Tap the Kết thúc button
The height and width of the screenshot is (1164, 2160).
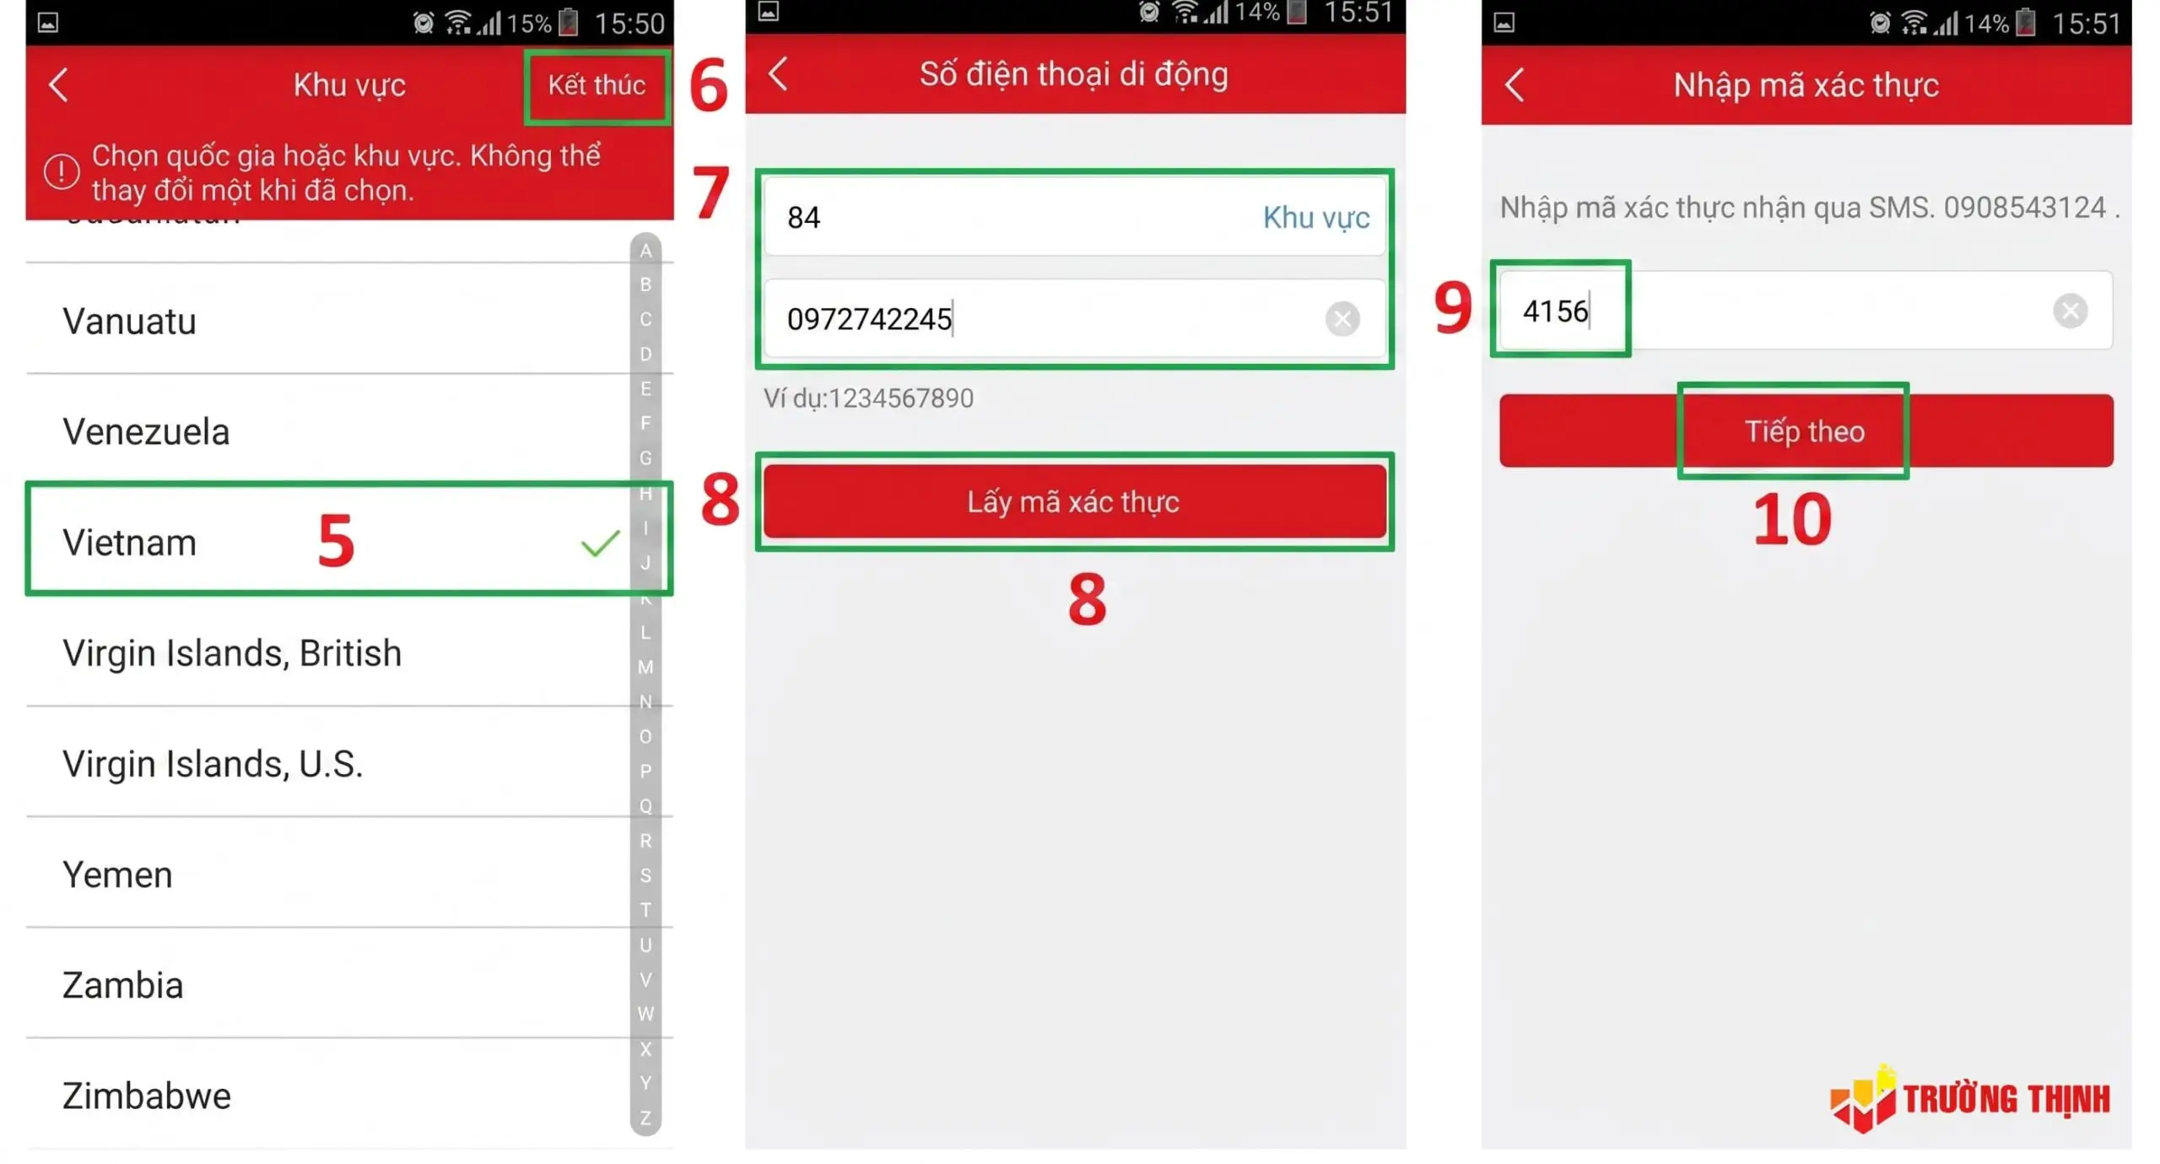tap(596, 85)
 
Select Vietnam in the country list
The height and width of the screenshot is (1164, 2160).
tap(129, 542)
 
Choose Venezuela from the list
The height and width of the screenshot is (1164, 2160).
tap(146, 431)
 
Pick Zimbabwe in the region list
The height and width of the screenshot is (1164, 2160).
tap(146, 1095)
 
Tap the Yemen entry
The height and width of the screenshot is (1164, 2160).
tap(117, 874)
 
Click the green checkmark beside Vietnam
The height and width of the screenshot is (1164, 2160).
tap(600, 543)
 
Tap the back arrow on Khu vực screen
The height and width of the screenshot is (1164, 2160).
tap(58, 85)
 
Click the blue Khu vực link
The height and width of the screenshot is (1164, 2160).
tap(1315, 218)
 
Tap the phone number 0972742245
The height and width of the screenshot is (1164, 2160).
tap(868, 319)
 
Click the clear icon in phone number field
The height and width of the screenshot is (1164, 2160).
tap(1341, 319)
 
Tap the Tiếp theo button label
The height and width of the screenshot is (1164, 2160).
tap(1803, 431)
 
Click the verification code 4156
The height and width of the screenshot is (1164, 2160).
tap(1554, 311)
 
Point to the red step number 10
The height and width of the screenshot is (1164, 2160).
tap(1790, 519)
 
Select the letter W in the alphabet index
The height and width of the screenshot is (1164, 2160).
tap(645, 1014)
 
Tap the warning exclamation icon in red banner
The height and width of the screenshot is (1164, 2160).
tap(62, 172)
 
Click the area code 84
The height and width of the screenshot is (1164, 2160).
tap(803, 218)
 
